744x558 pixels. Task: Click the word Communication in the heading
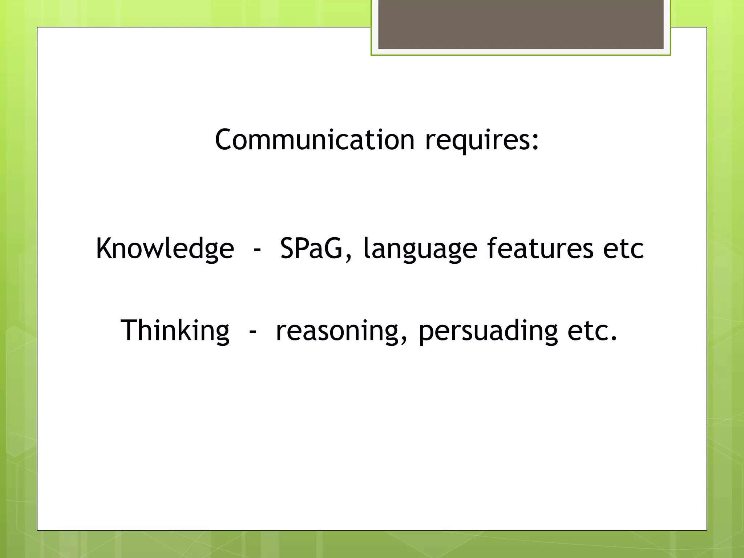pos(315,140)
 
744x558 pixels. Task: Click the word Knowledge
pos(165,249)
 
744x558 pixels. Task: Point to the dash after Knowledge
pos(257,250)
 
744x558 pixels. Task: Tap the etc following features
pos(623,249)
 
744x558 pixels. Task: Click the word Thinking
pos(175,331)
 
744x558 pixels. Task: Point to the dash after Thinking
pos(253,332)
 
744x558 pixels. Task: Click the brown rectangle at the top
pos(521,24)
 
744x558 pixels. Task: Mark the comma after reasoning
pos(403,339)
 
